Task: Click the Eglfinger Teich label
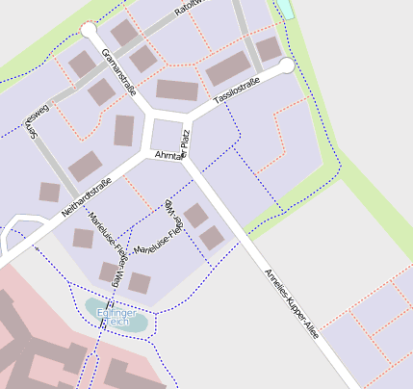click(x=118, y=317)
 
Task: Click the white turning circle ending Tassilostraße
click(x=286, y=65)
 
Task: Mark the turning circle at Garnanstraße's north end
click(x=89, y=31)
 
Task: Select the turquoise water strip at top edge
click(x=285, y=10)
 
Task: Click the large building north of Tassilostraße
click(x=228, y=68)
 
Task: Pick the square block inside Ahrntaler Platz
click(x=168, y=135)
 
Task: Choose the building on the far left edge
click(x=49, y=192)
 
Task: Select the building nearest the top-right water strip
click(x=269, y=48)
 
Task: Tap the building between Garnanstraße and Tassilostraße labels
click(x=177, y=91)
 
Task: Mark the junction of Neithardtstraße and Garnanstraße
click(x=148, y=154)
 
